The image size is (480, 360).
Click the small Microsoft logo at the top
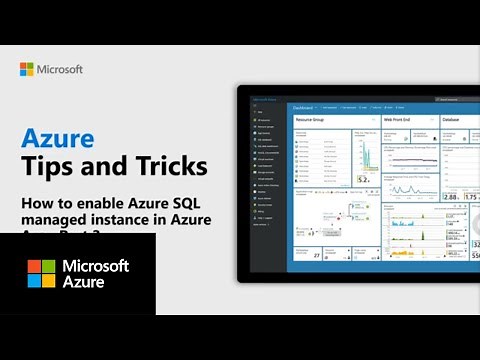(27, 69)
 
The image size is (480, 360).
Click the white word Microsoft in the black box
(96, 266)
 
